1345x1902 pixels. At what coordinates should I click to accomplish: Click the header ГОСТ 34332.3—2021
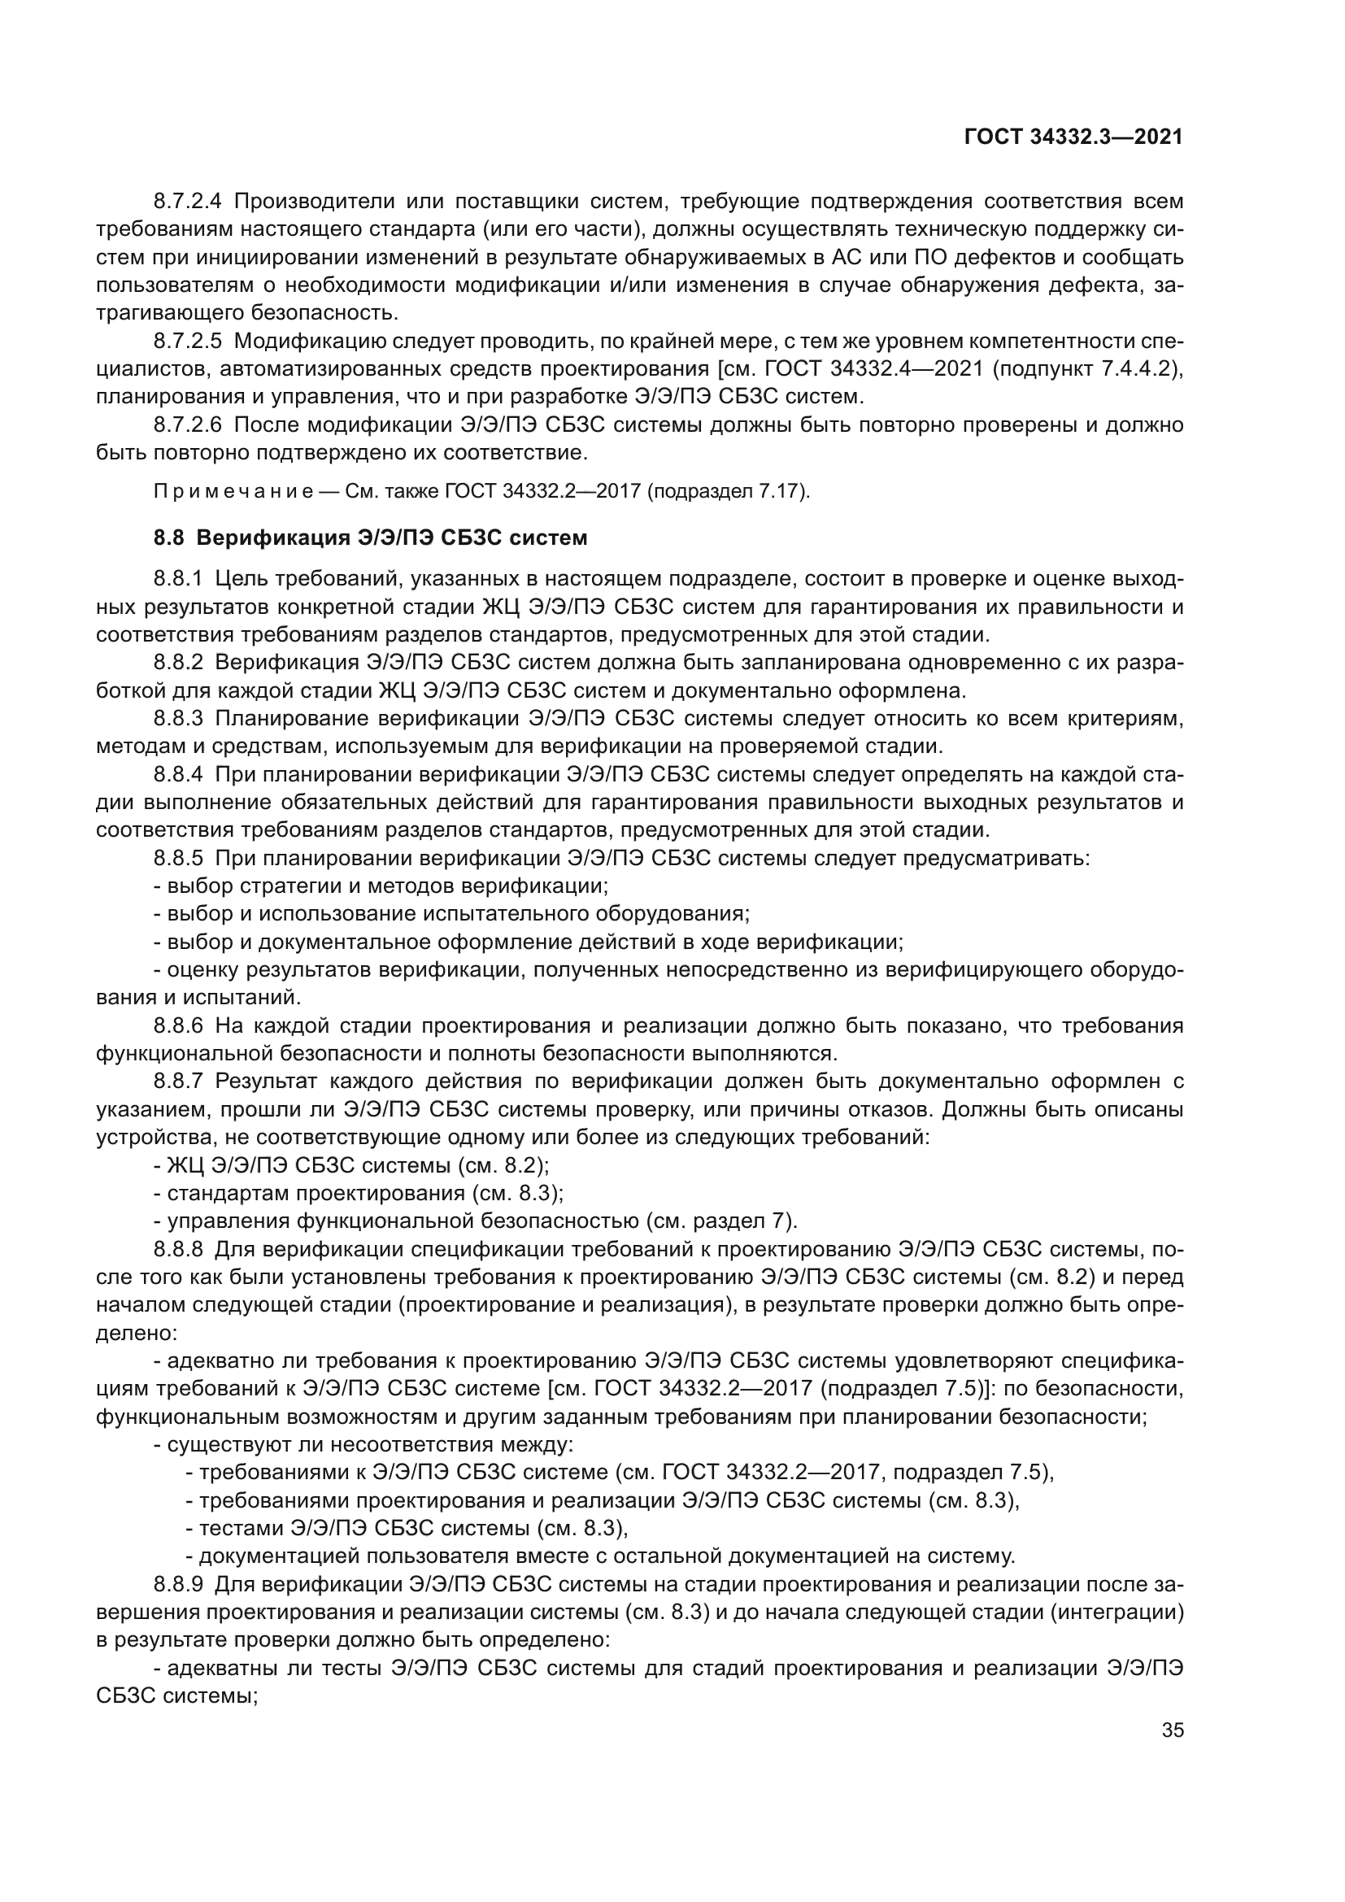click(x=1073, y=137)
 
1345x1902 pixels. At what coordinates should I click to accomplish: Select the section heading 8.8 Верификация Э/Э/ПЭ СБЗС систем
click(x=370, y=538)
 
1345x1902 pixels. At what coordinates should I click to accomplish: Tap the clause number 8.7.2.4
click(x=188, y=201)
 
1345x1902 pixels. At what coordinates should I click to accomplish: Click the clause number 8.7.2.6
click(x=188, y=425)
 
